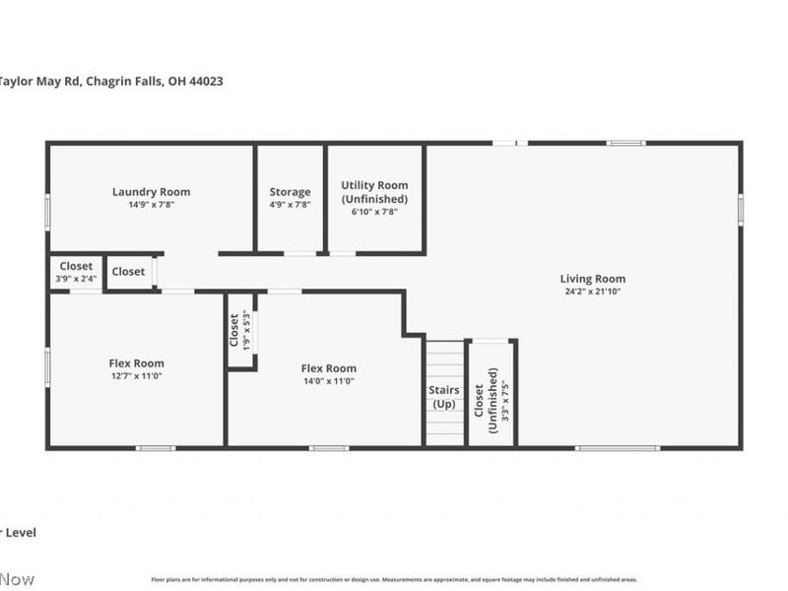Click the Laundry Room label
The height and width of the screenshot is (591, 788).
click(x=151, y=192)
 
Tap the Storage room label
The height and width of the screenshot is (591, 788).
click(x=290, y=192)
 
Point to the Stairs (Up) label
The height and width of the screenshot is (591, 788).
click(x=443, y=397)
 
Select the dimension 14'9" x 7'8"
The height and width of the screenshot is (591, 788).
click(x=151, y=205)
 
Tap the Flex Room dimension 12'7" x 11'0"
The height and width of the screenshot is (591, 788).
click(x=136, y=376)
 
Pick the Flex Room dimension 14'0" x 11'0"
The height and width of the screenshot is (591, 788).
click(x=328, y=381)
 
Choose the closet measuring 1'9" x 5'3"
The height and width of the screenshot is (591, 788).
click(x=239, y=332)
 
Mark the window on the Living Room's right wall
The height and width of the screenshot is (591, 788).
click(x=741, y=210)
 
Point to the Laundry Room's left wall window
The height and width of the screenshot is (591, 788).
click(x=47, y=212)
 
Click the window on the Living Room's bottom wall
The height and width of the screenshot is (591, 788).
click(x=618, y=448)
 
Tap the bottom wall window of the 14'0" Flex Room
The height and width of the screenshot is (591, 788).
click(x=328, y=448)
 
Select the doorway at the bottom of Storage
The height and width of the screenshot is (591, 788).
click(x=300, y=253)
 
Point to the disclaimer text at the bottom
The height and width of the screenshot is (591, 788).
click(x=394, y=579)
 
